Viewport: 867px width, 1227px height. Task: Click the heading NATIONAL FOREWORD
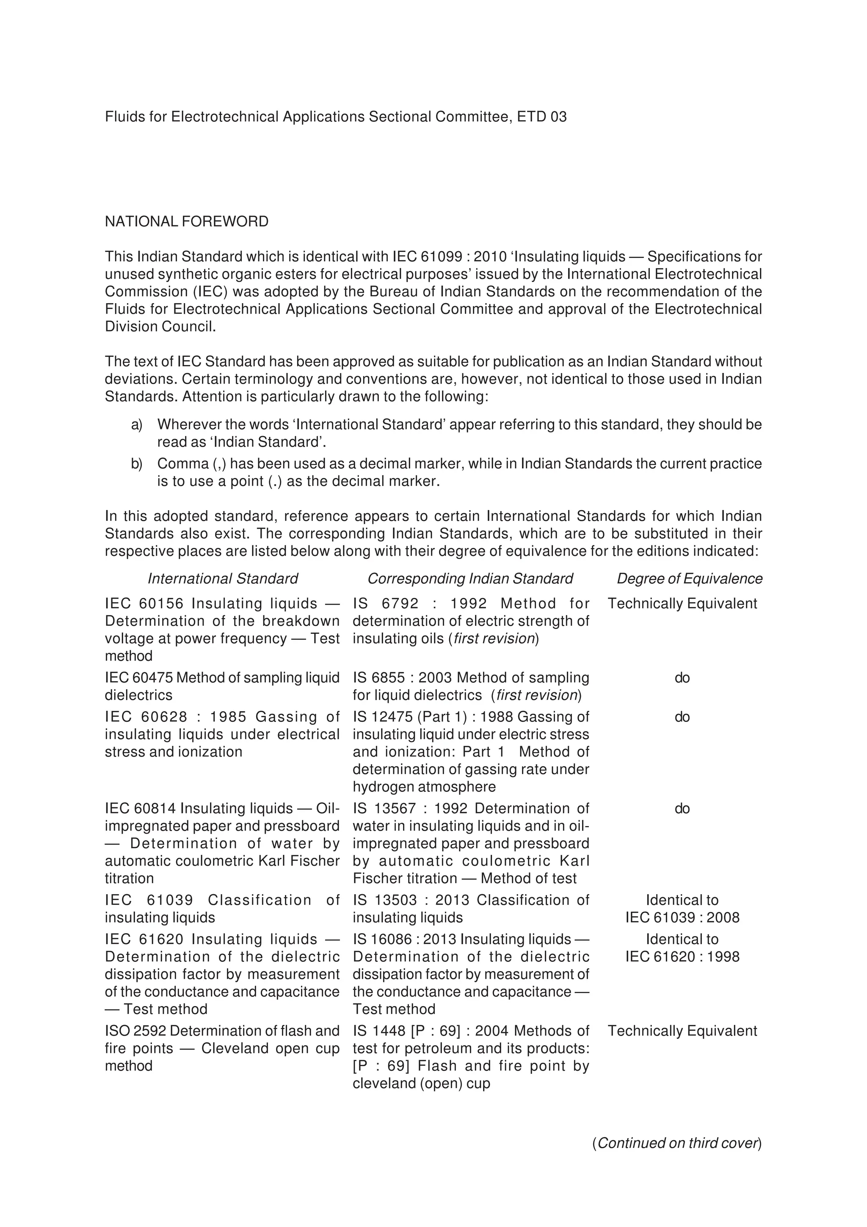(x=186, y=221)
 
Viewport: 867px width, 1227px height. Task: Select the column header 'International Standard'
(x=223, y=579)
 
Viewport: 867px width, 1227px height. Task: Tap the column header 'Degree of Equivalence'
(x=689, y=579)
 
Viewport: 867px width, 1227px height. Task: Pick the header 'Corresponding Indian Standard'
(x=470, y=579)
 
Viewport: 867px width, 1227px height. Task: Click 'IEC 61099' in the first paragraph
(x=430, y=257)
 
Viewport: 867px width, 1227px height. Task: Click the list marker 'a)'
(x=137, y=425)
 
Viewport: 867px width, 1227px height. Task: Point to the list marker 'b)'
(x=137, y=464)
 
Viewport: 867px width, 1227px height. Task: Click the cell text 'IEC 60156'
(x=144, y=603)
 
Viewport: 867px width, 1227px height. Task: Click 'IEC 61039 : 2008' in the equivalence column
(x=682, y=917)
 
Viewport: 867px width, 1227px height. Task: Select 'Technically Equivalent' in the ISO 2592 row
(x=682, y=1031)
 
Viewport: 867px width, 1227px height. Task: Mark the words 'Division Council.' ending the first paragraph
(x=160, y=326)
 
